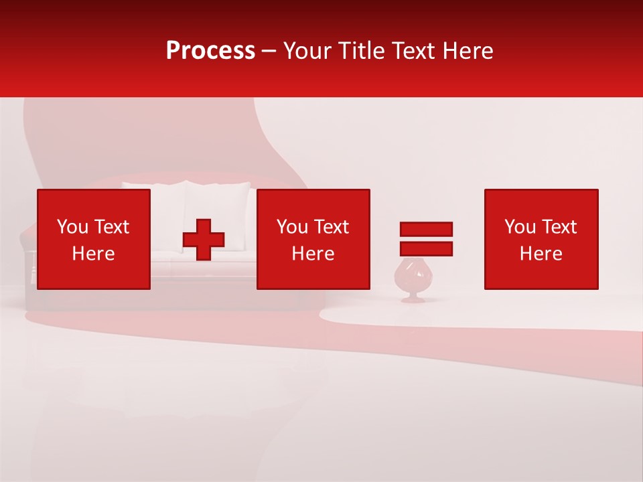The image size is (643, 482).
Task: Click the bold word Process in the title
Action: pos(210,51)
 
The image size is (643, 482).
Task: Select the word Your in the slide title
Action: pos(305,51)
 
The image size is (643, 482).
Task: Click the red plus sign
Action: pos(204,240)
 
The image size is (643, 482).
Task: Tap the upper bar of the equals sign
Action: pos(426,229)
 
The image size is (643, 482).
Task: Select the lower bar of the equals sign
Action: pos(426,248)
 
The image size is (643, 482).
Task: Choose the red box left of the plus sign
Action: pos(94,239)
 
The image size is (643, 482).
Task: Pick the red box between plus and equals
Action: pos(313,239)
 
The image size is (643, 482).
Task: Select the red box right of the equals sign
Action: pos(541,239)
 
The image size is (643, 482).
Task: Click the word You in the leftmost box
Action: pos(72,227)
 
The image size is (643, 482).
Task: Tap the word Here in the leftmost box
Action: pos(94,254)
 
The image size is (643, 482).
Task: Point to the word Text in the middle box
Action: pos(330,227)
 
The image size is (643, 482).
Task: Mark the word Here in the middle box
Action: pos(313,254)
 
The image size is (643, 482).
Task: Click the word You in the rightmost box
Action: pos(520,227)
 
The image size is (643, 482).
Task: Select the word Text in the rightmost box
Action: pos(558,227)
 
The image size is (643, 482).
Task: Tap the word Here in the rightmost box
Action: pos(541,254)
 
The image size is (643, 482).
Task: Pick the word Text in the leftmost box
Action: pos(111,227)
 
